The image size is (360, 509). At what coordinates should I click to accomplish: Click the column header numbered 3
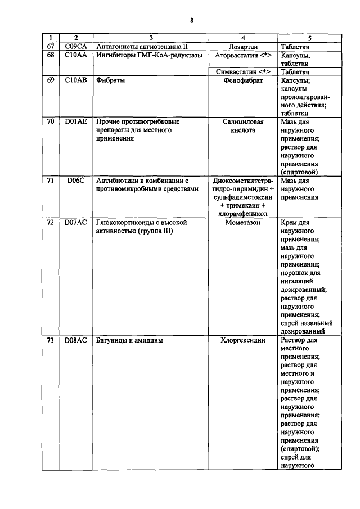(x=150, y=38)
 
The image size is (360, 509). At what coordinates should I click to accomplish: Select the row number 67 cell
(x=50, y=46)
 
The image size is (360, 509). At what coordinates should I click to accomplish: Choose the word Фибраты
(x=110, y=80)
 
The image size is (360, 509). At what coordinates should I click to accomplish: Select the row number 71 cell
(x=50, y=181)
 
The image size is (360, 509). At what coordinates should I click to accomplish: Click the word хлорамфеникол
(x=243, y=214)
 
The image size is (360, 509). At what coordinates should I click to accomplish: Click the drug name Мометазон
(x=243, y=223)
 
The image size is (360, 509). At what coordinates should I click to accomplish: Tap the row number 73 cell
(x=50, y=341)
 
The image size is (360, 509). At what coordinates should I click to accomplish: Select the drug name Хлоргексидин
(x=243, y=341)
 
